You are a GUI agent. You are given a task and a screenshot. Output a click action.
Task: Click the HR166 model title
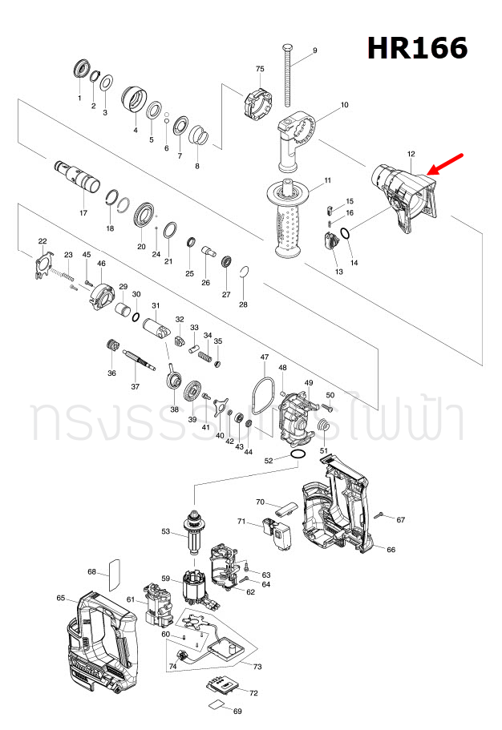click(x=417, y=48)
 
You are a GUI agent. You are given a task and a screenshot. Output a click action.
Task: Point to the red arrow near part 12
click(x=446, y=163)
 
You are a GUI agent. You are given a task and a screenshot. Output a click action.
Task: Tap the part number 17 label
click(x=83, y=214)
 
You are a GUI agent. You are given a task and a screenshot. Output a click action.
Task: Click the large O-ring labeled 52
click(x=296, y=455)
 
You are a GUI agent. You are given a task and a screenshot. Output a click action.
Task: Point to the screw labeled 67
click(x=380, y=514)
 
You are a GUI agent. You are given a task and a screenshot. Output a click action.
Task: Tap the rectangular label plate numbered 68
click(x=113, y=573)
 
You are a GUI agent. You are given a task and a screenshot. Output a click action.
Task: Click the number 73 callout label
click(x=257, y=667)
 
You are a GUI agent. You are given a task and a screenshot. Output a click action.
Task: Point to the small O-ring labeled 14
click(x=345, y=235)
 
